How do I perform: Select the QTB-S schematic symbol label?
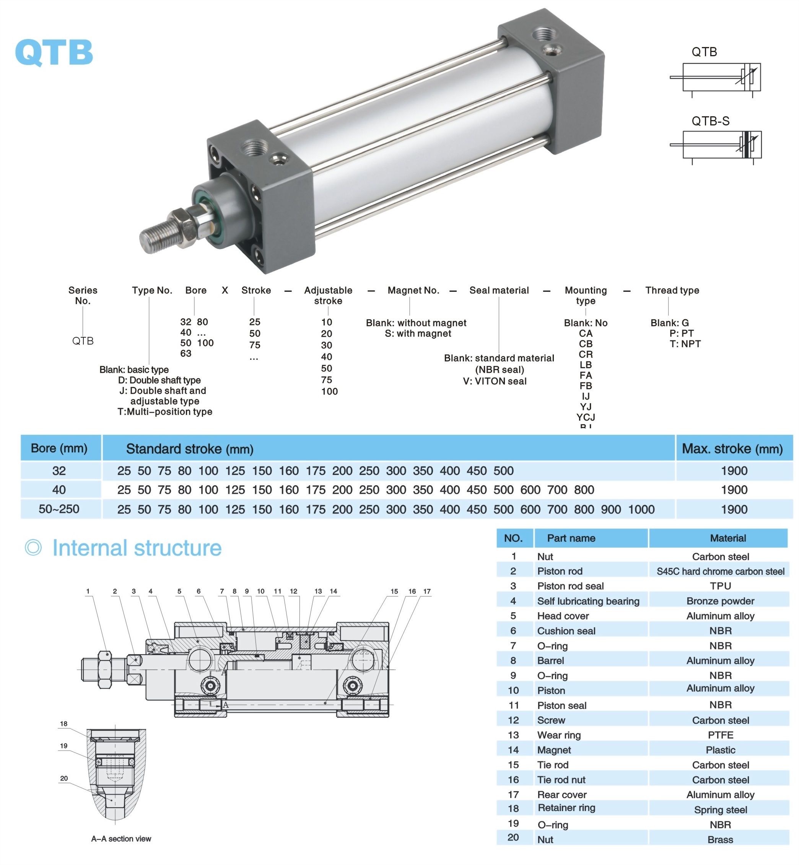point(710,121)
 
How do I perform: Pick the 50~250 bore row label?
point(59,509)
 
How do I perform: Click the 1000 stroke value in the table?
point(641,509)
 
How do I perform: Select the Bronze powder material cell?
point(720,601)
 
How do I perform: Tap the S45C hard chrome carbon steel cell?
point(720,571)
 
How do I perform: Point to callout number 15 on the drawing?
point(394,591)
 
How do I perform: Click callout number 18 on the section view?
point(63,724)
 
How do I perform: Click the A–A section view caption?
point(121,839)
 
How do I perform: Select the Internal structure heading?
point(137,548)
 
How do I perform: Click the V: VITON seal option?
point(495,381)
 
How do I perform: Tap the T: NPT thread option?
point(685,344)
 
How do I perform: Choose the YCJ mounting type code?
point(586,417)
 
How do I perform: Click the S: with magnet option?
point(418,333)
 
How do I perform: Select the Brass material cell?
point(720,839)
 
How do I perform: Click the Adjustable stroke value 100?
point(329,392)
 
